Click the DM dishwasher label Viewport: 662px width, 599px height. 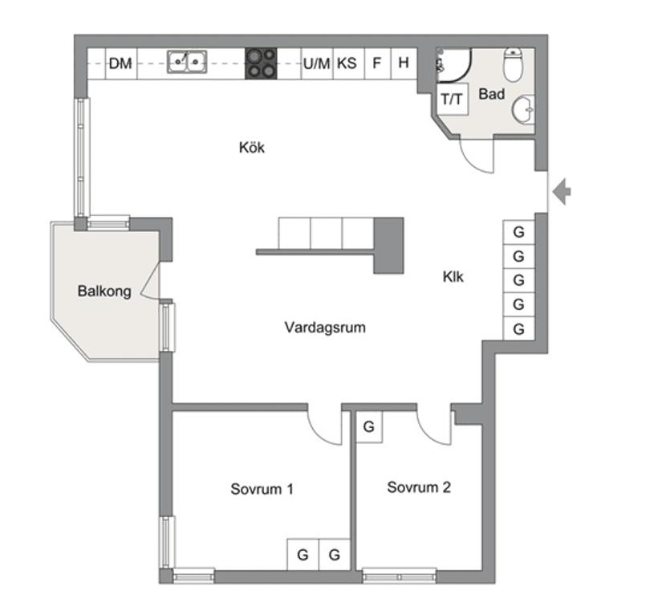click(120, 63)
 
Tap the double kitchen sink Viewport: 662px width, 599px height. click(186, 62)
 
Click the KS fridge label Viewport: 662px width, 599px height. click(347, 63)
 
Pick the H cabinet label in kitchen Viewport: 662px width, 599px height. click(404, 63)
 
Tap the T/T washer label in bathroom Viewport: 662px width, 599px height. click(452, 100)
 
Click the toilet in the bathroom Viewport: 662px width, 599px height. click(512, 63)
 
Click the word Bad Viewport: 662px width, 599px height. click(491, 95)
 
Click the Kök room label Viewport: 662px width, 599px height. click(251, 148)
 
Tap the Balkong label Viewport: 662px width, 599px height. click(104, 291)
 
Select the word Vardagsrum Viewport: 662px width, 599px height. click(325, 328)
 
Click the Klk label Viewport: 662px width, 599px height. click(453, 277)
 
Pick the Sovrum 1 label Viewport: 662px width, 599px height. click(262, 488)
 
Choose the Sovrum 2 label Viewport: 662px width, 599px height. click(419, 487)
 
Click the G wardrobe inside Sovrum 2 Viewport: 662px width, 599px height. click(369, 427)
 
